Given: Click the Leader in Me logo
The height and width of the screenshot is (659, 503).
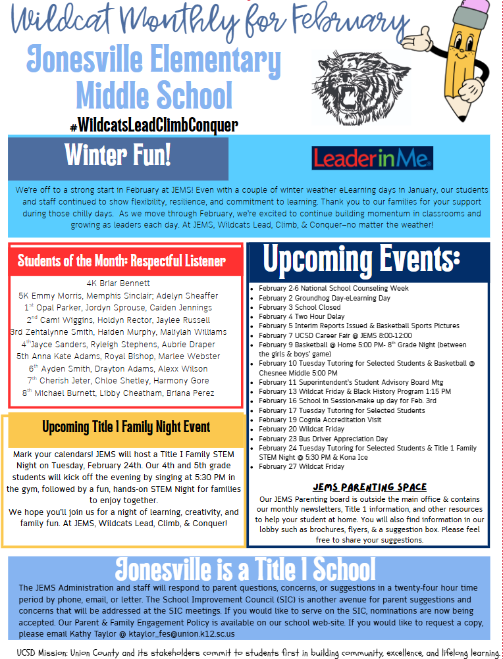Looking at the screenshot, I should tap(372, 158).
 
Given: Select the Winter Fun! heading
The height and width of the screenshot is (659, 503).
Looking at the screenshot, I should tap(118, 156).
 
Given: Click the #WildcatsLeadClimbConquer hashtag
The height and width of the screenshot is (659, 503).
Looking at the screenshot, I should tap(153, 125).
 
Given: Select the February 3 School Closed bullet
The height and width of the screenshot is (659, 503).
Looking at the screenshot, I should tap(300, 307).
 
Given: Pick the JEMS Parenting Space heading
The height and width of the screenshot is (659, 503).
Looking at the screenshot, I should tap(369, 487).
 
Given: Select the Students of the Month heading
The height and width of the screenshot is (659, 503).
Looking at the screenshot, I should tap(122, 261).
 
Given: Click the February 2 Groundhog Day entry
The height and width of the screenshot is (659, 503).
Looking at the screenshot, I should tap(325, 298).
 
